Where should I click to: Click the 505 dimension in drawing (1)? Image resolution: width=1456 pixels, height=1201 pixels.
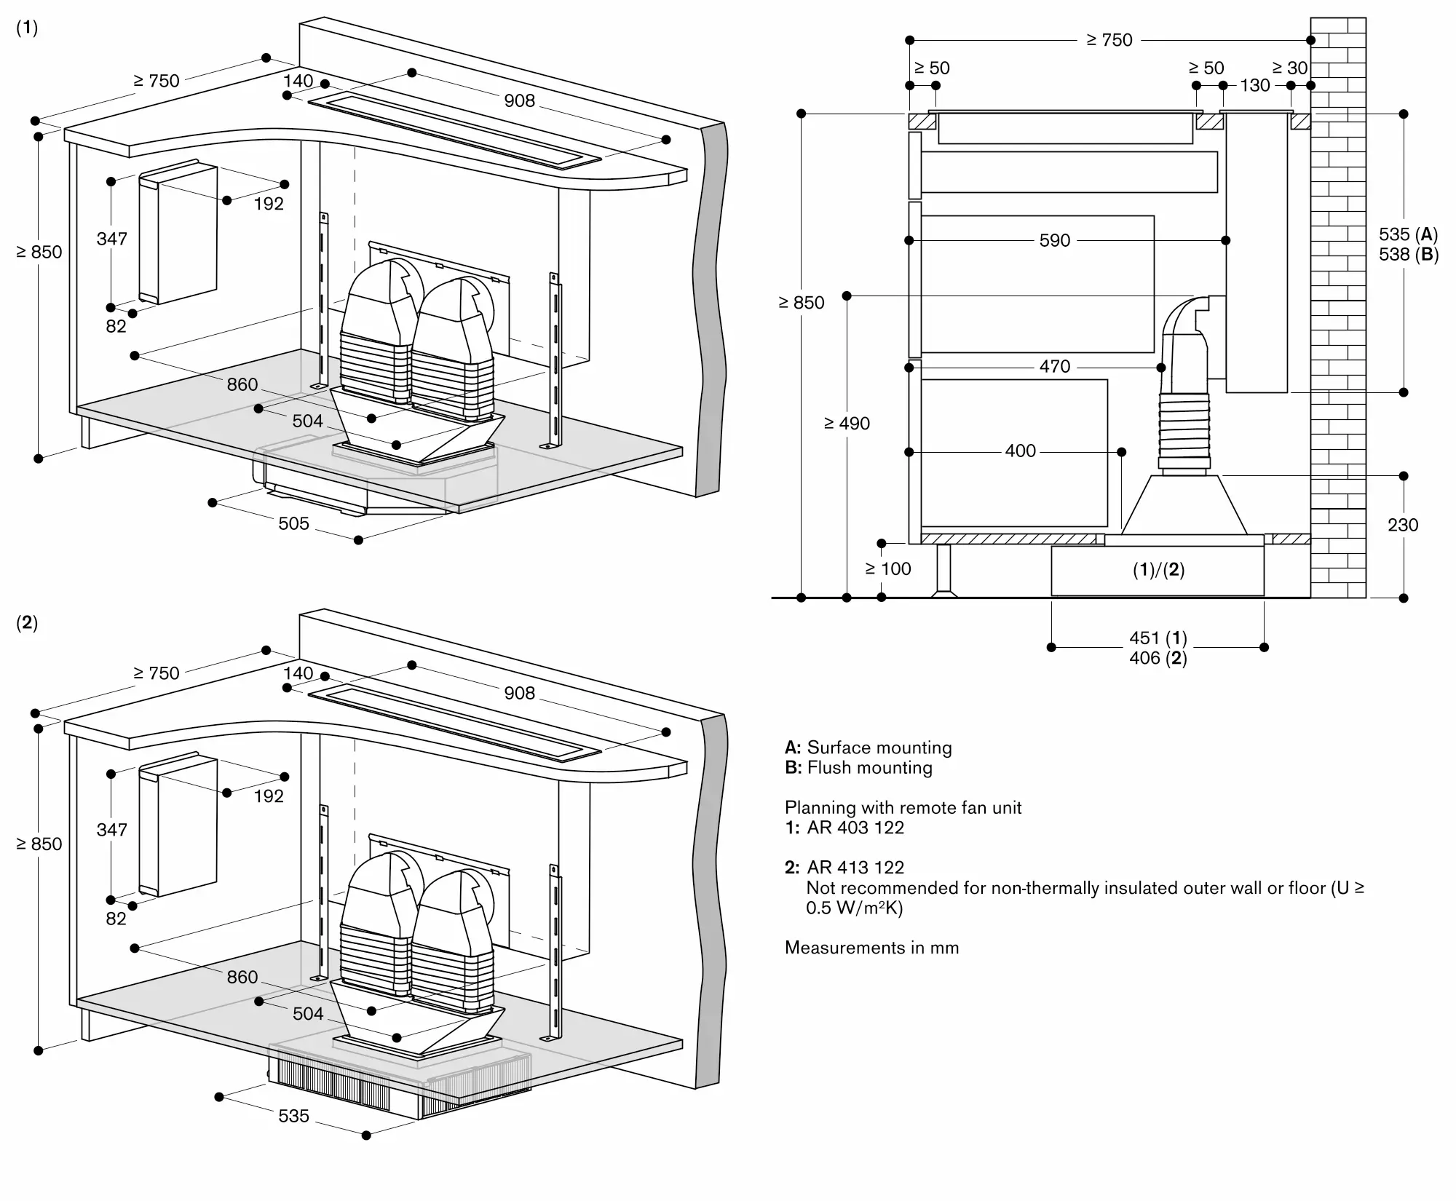(x=293, y=523)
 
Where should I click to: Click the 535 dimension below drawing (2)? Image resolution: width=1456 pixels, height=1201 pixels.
(x=293, y=1116)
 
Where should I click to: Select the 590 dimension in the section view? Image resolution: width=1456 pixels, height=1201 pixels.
(x=1054, y=240)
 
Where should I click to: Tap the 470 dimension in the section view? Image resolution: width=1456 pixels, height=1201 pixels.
(x=1054, y=367)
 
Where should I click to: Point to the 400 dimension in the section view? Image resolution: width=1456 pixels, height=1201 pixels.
(x=1020, y=451)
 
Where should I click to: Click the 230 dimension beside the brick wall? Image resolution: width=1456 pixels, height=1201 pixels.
(x=1402, y=525)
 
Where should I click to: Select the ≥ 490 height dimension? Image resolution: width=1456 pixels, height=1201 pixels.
(x=847, y=424)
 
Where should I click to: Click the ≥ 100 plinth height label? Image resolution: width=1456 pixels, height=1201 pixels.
(x=887, y=569)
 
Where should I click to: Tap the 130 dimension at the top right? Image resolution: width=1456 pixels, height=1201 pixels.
(x=1254, y=86)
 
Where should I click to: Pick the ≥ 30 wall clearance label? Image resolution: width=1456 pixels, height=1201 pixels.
(x=1289, y=68)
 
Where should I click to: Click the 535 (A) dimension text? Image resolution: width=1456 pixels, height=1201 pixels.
(x=1408, y=234)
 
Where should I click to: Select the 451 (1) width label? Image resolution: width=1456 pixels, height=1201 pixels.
(x=1158, y=638)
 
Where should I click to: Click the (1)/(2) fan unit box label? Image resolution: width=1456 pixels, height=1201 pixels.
(x=1158, y=570)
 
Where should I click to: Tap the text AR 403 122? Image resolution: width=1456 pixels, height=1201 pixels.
(x=855, y=828)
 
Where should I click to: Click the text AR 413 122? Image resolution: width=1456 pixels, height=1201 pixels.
(x=855, y=868)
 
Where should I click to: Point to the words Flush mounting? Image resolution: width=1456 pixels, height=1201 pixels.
(x=869, y=768)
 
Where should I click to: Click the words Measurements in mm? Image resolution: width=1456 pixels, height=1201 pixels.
(x=871, y=948)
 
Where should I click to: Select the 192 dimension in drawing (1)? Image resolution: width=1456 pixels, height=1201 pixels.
(x=269, y=204)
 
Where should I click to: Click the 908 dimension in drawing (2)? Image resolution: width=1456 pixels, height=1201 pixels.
(x=519, y=693)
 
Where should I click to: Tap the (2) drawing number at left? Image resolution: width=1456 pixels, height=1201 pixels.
(x=27, y=622)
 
